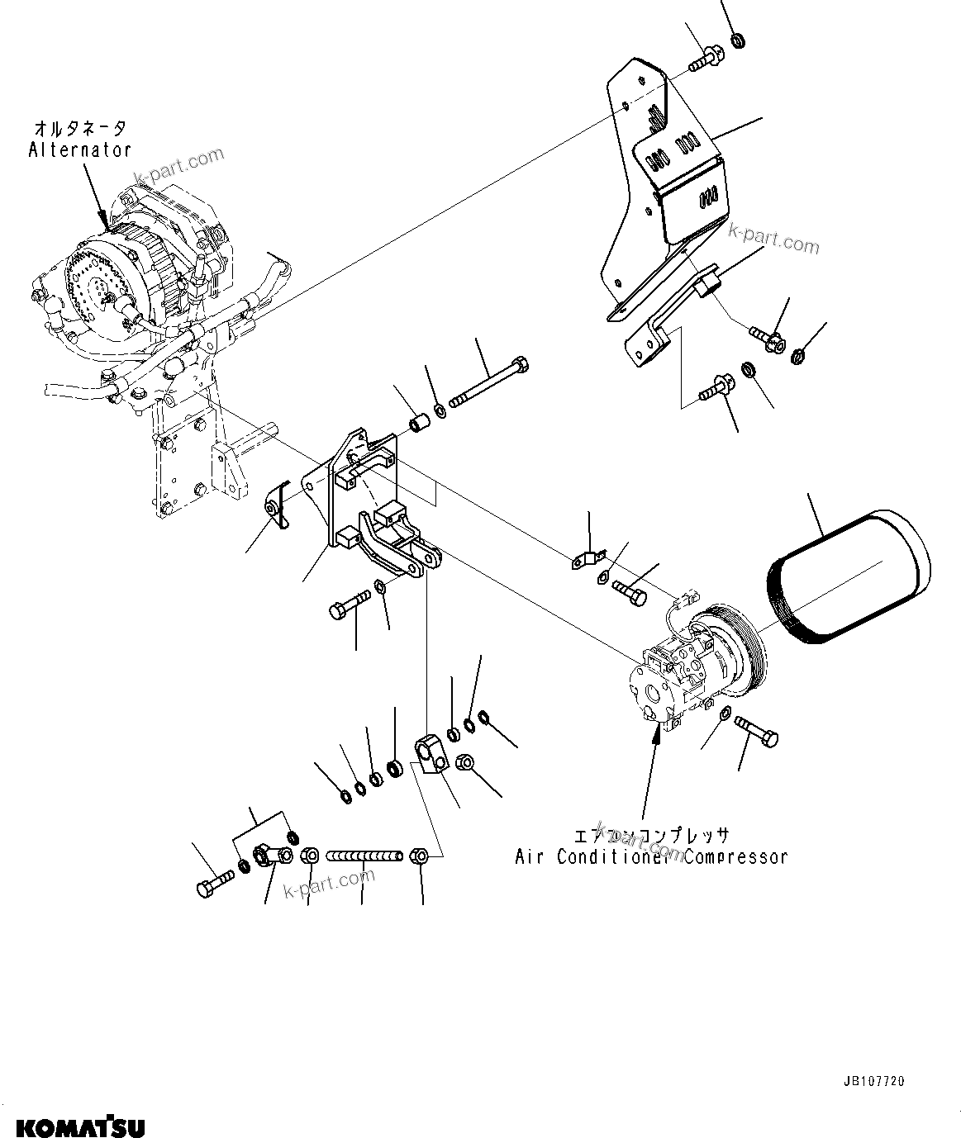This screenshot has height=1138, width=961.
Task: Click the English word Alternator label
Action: point(79,149)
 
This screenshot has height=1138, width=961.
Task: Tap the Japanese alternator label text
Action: point(80,129)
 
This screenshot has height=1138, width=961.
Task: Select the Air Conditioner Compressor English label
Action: point(650,856)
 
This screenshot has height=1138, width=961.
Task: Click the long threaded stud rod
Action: point(364,856)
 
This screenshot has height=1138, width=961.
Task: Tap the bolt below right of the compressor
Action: point(755,731)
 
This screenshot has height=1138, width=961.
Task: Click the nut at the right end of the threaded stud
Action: point(419,856)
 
